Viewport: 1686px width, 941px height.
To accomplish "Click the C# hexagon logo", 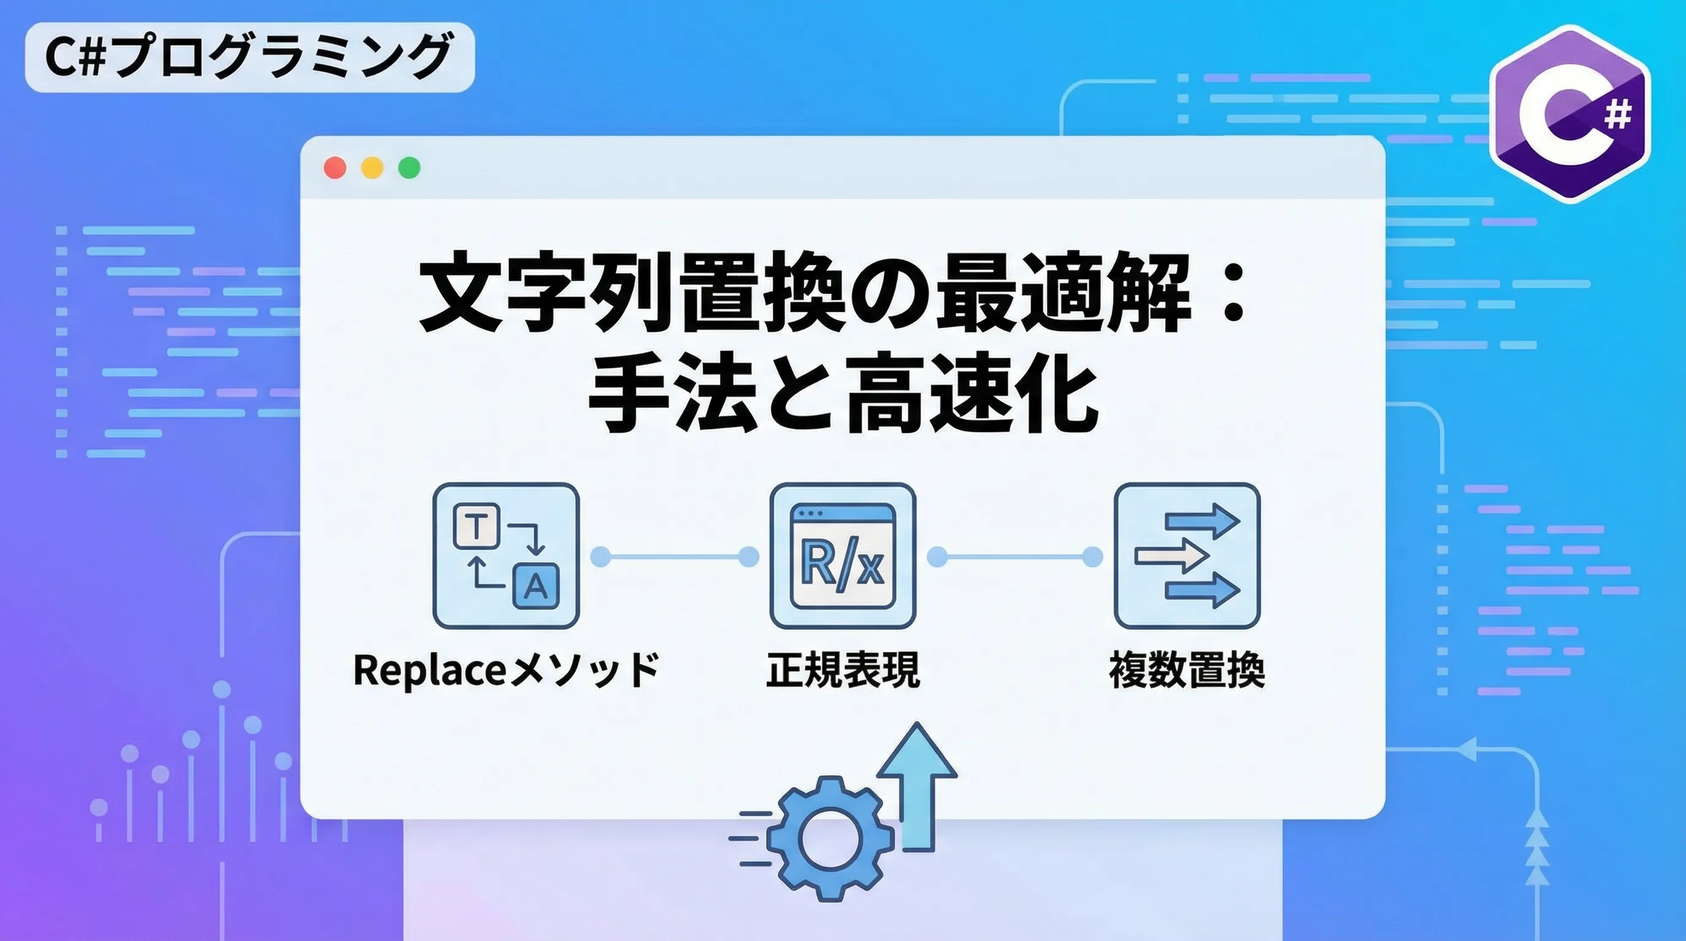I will pyautogui.click(x=1570, y=115).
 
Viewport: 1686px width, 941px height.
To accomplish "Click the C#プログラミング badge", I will pyautogui.click(x=249, y=58).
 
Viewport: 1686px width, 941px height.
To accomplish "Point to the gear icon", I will pyautogui.click(x=830, y=839).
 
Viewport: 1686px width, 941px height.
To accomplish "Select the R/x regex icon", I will pyautogui.click(x=842, y=556).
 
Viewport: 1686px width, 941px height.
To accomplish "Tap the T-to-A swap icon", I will pyautogui.click(x=506, y=556).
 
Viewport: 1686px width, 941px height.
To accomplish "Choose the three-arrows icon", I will pyautogui.click(x=1187, y=556).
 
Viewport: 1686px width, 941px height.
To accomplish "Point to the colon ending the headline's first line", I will pyautogui.click(x=1234, y=295).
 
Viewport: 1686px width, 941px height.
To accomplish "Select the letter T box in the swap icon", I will pyautogui.click(x=477, y=526).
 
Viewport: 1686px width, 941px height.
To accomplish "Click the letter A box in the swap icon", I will pyautogui.click(x=536, y=586).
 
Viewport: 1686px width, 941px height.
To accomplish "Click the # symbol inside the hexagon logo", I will pyautogui.click(x=1618, y=116).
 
